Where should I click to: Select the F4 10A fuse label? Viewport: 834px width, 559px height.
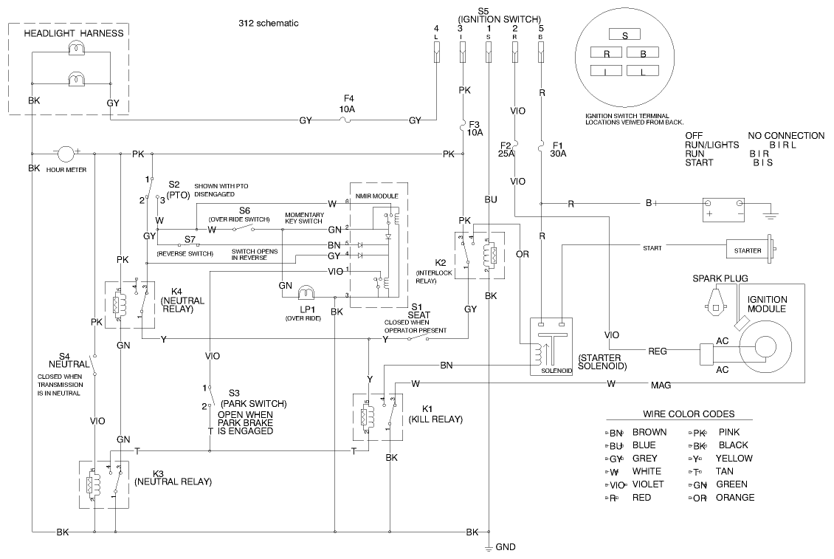click(347, 103)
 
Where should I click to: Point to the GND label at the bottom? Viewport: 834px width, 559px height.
click(506, 547)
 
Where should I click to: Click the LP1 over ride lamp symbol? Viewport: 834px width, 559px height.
click(306, 290)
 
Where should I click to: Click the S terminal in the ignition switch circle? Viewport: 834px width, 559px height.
click(625, 35)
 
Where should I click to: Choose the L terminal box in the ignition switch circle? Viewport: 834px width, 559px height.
click(643, 71)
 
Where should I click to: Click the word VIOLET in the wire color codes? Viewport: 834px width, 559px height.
click(649, 484)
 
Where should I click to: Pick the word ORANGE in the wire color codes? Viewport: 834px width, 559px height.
click(735, 498)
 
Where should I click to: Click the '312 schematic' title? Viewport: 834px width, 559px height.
click(263, 23)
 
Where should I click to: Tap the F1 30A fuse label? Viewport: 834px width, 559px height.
click(558, 149)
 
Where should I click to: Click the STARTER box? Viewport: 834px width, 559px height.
click(747, 250)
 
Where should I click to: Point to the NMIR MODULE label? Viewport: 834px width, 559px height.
click(377, 196)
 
